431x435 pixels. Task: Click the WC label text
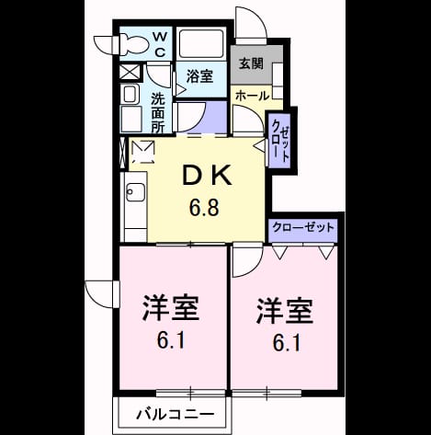160,45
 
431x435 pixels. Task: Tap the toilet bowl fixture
134,45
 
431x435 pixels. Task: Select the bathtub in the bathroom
201,43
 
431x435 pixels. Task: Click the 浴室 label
200,75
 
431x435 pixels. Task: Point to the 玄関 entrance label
251,63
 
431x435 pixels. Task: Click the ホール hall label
252,96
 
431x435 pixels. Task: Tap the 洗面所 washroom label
158,113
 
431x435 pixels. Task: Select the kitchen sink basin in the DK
135,192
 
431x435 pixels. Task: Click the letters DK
207,176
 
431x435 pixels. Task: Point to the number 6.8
204,208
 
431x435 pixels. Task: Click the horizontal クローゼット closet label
302,227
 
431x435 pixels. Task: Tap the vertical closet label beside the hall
280,140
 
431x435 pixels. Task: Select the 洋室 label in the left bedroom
170,307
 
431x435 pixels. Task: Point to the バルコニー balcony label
176,415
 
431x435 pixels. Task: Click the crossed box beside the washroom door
129,73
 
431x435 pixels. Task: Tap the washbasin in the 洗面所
130,94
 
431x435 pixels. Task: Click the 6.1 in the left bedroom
171,340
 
